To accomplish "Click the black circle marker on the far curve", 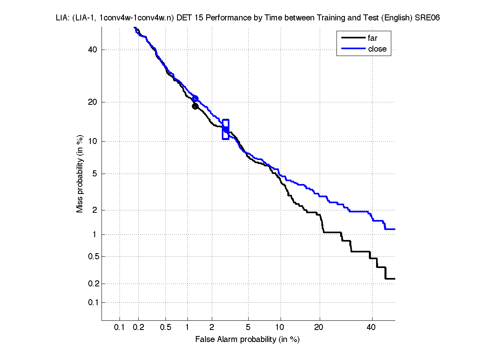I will pos(195,106).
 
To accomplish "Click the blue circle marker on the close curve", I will pos(195,98).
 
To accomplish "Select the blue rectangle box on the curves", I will pos(225,129).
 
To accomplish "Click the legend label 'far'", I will pos(372,38).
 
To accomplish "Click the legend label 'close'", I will pos(377,49).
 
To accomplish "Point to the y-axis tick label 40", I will pos(93,50).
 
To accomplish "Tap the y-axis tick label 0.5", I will pos(91,256).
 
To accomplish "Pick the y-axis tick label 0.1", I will pos(91,302).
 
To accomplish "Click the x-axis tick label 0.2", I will pos(139,328).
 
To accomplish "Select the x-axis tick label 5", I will pos(248,328).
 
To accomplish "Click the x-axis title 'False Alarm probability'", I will pos(247,340).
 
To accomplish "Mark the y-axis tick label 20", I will pos(93,102).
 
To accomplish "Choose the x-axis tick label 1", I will pos(187,328).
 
